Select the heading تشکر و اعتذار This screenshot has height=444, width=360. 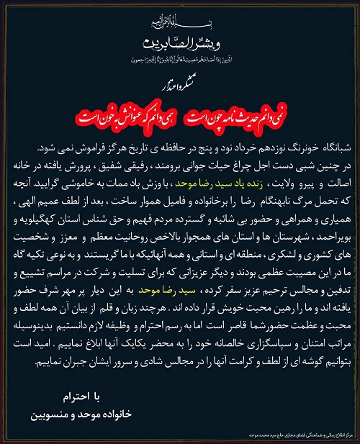(180, 84)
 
